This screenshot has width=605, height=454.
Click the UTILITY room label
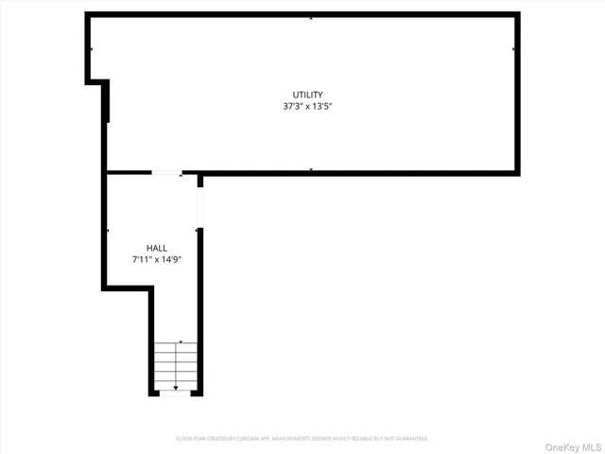(307, 95)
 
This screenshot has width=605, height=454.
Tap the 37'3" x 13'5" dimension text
(307, 106)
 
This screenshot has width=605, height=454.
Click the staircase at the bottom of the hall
(175, 366)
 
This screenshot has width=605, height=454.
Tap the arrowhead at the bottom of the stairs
(175, 388)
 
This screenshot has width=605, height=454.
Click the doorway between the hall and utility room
(167, 173)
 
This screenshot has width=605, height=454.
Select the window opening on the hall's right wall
(199, 211)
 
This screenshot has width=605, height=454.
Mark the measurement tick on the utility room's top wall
(311, 17)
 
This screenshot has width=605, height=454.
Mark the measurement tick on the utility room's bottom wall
(311, 170)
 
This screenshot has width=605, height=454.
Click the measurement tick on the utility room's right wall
(513, 49)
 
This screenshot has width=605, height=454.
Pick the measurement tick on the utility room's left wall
(92, 49)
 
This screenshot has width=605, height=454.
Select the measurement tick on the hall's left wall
(109, 230)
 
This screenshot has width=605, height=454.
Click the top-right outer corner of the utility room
(518, 13)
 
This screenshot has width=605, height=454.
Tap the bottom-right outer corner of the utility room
(518, 174)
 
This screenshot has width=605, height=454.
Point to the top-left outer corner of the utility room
(87, 13)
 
